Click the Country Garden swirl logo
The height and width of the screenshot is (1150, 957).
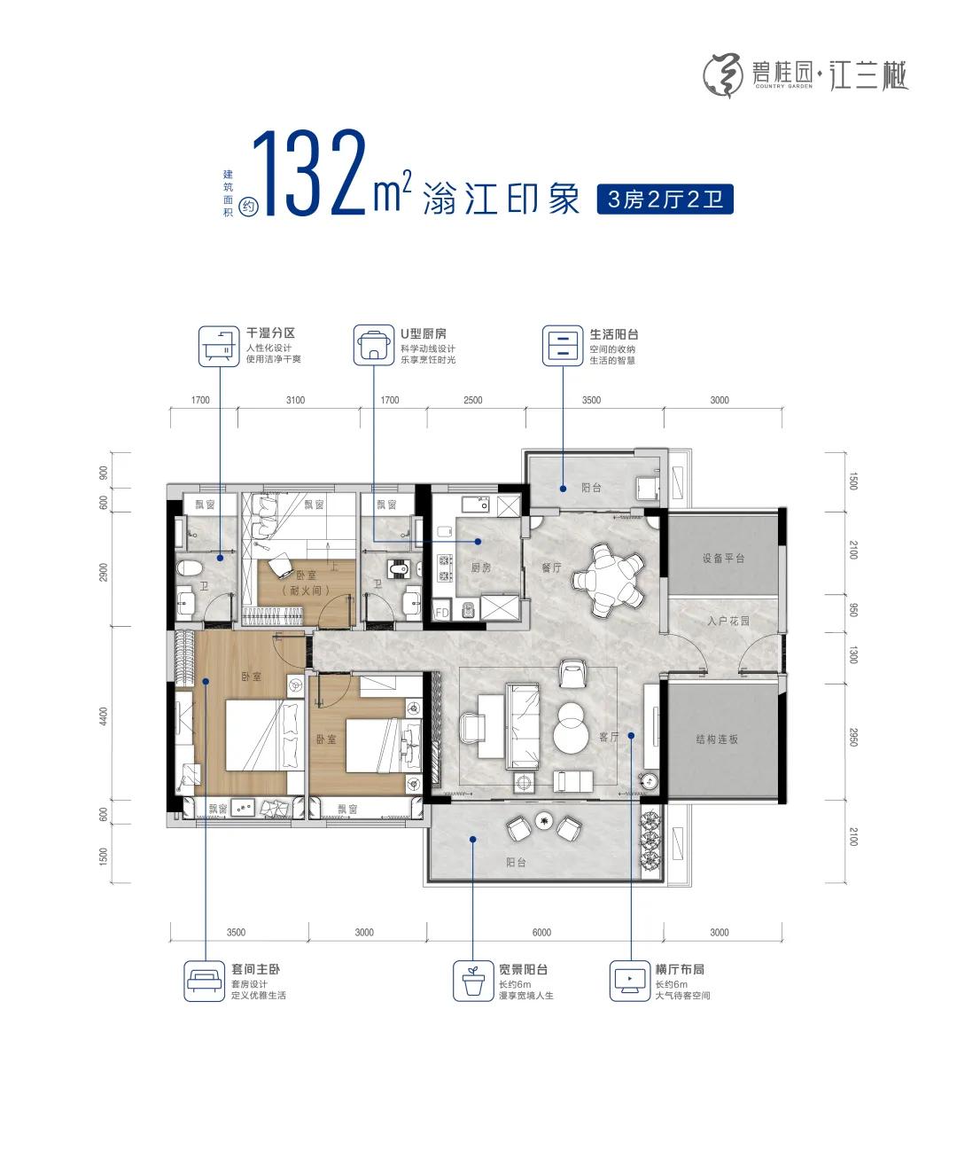point(724,75)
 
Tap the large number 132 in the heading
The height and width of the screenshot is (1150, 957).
point(310,172)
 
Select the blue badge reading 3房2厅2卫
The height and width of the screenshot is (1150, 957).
point(665,199)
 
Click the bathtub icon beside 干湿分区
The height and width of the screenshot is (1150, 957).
point(219,347)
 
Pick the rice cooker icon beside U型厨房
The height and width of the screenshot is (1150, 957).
point(374,345)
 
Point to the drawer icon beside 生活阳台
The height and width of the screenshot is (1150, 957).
point(563,346)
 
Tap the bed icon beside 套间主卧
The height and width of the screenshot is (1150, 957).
point(204,981)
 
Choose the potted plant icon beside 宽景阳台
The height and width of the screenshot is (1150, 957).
point(472,981)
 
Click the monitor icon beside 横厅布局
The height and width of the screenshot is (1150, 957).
point(629,981)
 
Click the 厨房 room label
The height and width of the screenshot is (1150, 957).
point(480,567)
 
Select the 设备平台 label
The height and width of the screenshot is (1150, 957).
point(723,559)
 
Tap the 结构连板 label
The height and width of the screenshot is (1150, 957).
point(717,739)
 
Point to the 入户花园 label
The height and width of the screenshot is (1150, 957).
point(728,622)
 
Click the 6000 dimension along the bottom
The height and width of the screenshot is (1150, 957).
point(541,933)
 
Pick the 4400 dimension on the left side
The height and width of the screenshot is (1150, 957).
point(104,716)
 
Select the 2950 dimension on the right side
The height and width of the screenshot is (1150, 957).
point(853,738)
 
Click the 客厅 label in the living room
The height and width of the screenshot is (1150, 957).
point(609,737)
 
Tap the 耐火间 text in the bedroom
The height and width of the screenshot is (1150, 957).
point(306,591)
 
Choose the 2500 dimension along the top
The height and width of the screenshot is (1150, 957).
point(472,400)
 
